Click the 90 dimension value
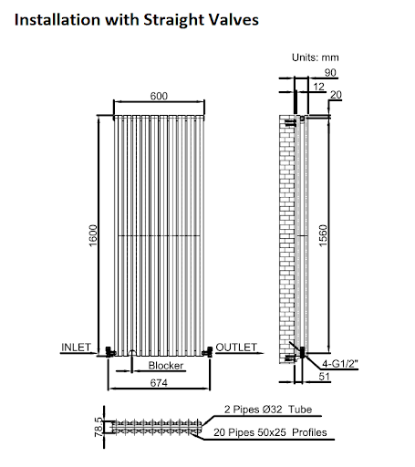(329, 73)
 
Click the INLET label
(76, 347)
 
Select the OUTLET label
(236, 347)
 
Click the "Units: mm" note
(316, 57)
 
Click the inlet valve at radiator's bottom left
(109, 349)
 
